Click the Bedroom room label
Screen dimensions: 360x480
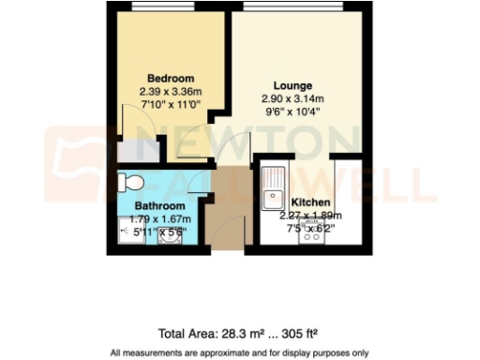(x=171, y=77)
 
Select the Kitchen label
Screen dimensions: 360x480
(x=308, y=202)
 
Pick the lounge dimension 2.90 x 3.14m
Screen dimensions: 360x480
(x=292, y=98)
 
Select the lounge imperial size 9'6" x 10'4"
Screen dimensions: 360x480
(x=292, y=112)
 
